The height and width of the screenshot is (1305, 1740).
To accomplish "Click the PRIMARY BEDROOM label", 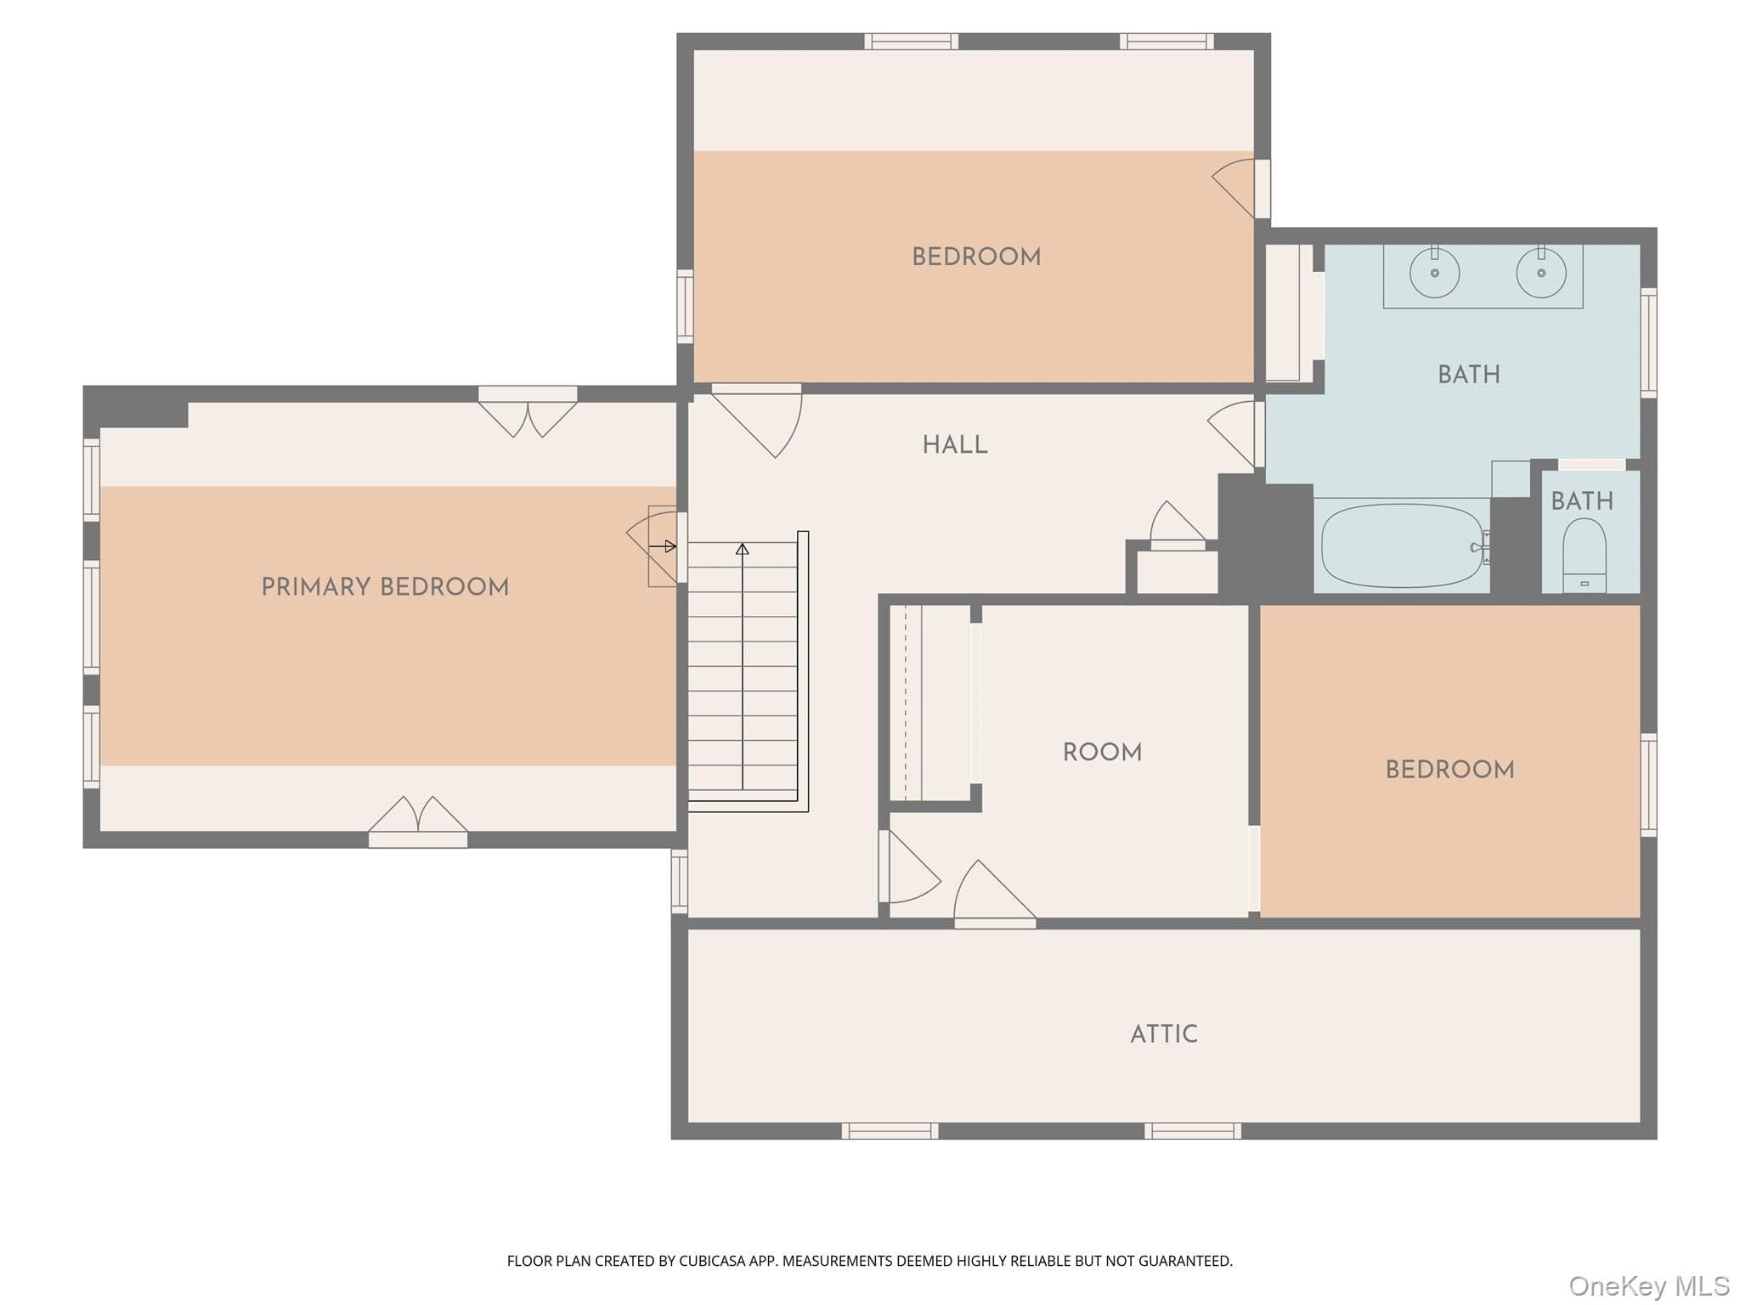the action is click(385, 587).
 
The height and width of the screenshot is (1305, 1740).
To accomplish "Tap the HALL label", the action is click(955, 445).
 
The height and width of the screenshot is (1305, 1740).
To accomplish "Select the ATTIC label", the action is click(1164, 1034).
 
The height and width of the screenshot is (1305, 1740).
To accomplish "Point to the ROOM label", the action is click(1102, 752).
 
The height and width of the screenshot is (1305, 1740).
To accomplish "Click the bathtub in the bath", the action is click(1403, 545).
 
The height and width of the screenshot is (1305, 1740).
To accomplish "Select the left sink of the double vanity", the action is click(1435, 272).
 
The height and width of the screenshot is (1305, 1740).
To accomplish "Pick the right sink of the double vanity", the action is click(1541, 272).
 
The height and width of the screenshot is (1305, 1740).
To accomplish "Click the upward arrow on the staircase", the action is click(743, 667).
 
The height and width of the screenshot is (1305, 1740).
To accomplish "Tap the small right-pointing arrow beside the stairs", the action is click(663, 546).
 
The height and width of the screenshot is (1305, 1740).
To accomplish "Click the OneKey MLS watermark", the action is click(1649, 1285).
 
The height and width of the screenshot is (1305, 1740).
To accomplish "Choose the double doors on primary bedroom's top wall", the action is click(528, 411).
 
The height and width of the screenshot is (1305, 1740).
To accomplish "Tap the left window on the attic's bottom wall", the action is click(890, 1131).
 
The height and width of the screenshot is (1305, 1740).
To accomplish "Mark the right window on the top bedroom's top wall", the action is click(1167, 42).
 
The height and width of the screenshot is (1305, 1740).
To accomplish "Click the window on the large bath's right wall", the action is click(1649, 342).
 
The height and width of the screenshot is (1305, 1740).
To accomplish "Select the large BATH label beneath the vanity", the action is click(1469, 375).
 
